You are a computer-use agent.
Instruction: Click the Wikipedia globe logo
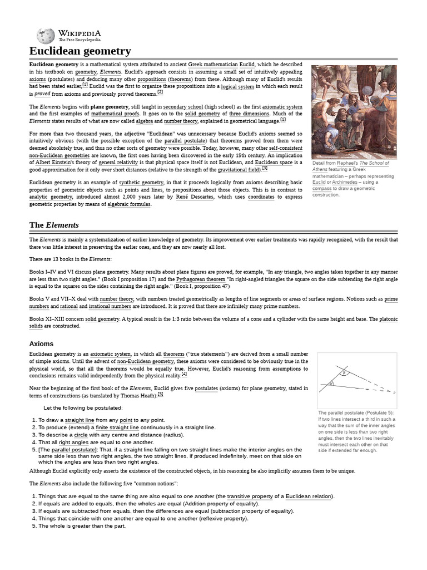tap(46, 36)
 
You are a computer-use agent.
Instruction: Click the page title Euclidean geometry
tap(80, 51)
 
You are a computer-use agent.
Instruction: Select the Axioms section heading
tap(41, 344)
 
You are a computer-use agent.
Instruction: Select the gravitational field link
tap(239, 169)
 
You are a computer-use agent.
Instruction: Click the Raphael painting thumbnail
tap(354, 112)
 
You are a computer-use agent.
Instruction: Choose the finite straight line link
tap(117, 427)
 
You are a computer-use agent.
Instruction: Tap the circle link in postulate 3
tap(81, 434)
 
